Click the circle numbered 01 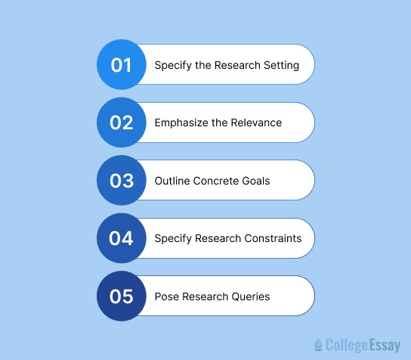(122, 65)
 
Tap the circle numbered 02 (122, 123)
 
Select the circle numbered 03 (122, 181)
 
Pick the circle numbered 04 (122, 238)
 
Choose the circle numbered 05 (122, 296)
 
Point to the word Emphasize (182, 123)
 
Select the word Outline (172, 181)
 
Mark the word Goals (256, 181)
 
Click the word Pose (166, 296)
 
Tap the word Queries (251, 296)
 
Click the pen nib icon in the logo (318, 346)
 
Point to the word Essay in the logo (385, 346)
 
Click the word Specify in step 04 (173, 238)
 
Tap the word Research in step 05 (205, 296)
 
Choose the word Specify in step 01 (173, 65)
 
